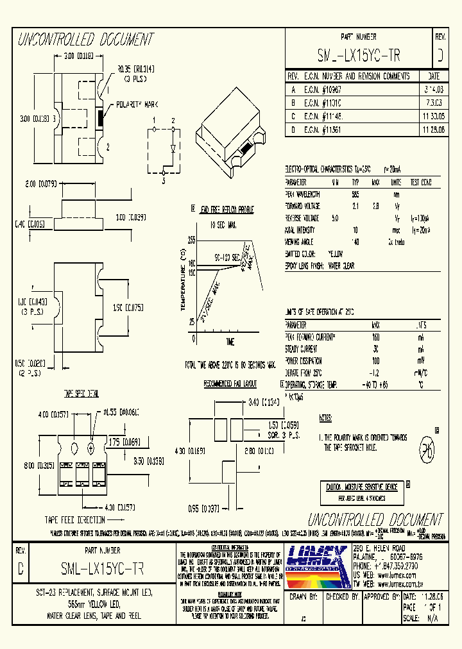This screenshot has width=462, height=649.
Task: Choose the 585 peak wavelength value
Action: click(x=355, y=194)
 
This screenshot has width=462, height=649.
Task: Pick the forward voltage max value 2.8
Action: click(x=376, y=206)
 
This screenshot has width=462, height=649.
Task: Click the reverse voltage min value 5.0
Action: click(x=335, y=217)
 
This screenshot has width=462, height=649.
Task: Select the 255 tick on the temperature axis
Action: click(x=191, y=240)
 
